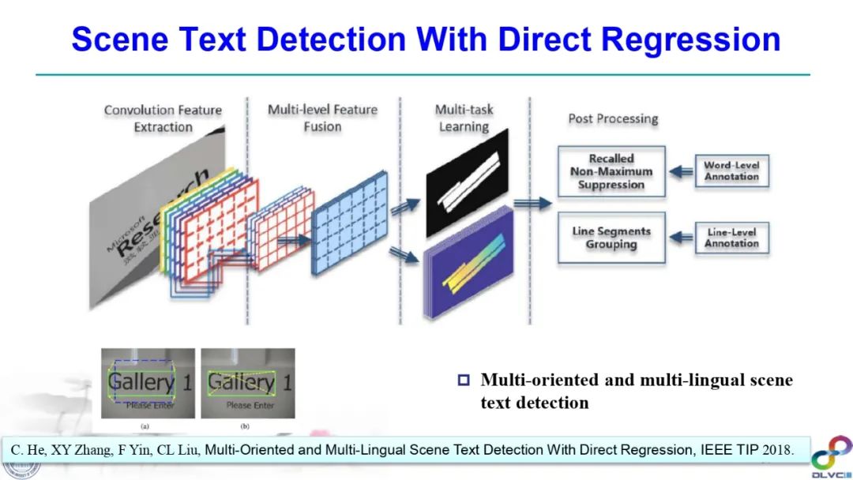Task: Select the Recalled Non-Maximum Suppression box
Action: pyautogui.click(x=611, y=171)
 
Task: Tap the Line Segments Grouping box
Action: pyautogui.click(x=611, y=238)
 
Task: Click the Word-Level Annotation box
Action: pyautogui.click(x=731, y=171)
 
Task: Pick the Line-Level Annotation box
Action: pyautogui.click(x=731, y=238)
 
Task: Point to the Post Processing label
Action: pyautogui.click(x=613, y=119)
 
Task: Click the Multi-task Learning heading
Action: pyautogui.click(x=464, y=118)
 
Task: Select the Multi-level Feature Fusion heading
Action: pyautogui.click(x=322, y=118)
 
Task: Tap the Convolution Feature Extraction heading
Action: pyautogui.click(x=163, y=118)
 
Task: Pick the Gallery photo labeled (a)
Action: pyautogui.click(x=148, y=384)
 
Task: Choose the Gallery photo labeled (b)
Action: pyautogui.click(x=247, y=384)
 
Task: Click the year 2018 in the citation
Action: pyautogui.click(x=778, y=450)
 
